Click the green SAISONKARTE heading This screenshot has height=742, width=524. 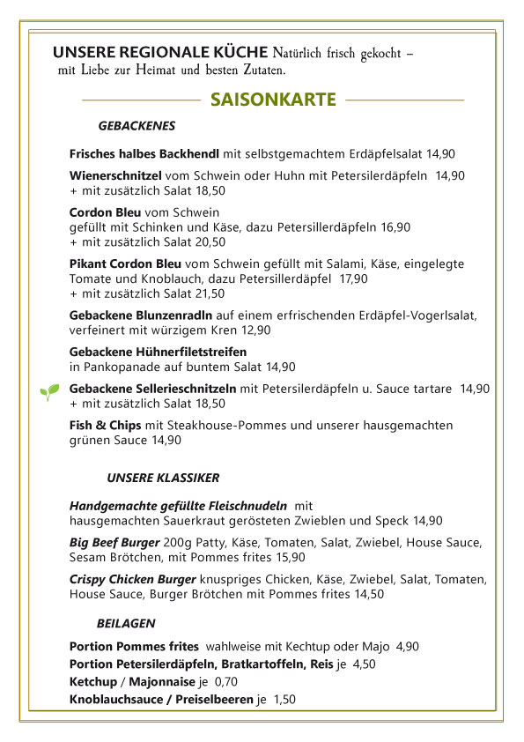[x=273, y=100]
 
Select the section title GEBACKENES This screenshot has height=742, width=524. [x=137, y=126]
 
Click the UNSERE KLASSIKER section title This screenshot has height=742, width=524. [x=163, y=478]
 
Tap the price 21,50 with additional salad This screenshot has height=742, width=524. [x=209, y=293]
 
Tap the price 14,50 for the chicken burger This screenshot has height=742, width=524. [x=369, y=594]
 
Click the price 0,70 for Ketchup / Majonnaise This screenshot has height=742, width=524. [x=226, y=682]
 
